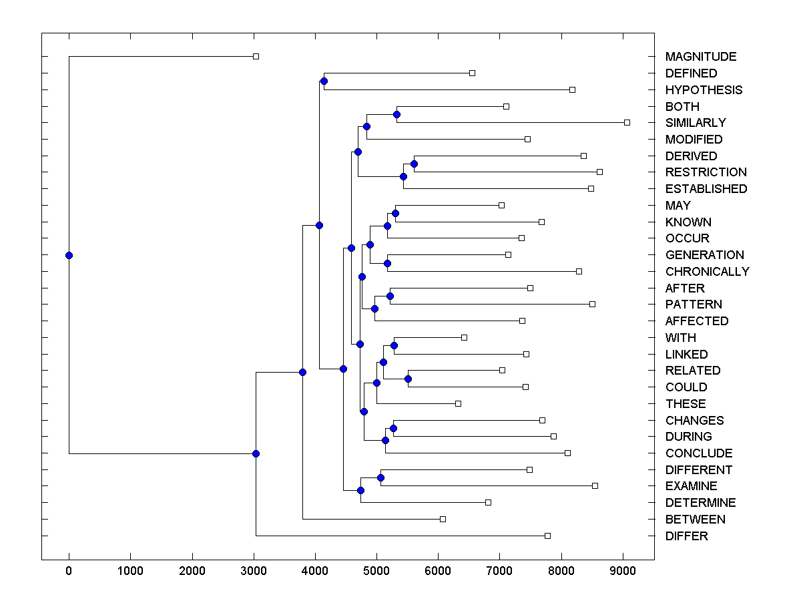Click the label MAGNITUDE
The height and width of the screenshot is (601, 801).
coord(700,57)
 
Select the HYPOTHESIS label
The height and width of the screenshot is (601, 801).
coord(704,90)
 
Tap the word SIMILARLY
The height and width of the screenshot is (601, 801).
coord(696,123)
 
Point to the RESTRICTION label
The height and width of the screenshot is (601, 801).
coord(706,172)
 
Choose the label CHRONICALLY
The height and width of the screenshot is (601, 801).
coord(707,272)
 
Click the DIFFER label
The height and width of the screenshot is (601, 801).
coord(686,536)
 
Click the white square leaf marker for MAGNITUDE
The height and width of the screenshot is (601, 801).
coord(256,56)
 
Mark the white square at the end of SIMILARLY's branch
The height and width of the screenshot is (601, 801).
coord(627,122)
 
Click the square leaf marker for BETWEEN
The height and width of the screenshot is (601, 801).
coord(443,519)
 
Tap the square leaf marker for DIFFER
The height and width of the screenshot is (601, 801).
coord(547,536)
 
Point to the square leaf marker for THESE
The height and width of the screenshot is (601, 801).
coord(458,403)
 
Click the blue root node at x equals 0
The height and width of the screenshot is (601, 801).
coord(69,255)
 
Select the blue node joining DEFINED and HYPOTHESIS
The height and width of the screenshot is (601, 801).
coord(324,81)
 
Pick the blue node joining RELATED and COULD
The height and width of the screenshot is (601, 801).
coord(408,379)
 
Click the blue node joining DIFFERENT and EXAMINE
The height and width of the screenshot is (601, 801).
coord(380,477)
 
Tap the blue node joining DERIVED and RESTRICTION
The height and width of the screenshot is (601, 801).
coord(414,164)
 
